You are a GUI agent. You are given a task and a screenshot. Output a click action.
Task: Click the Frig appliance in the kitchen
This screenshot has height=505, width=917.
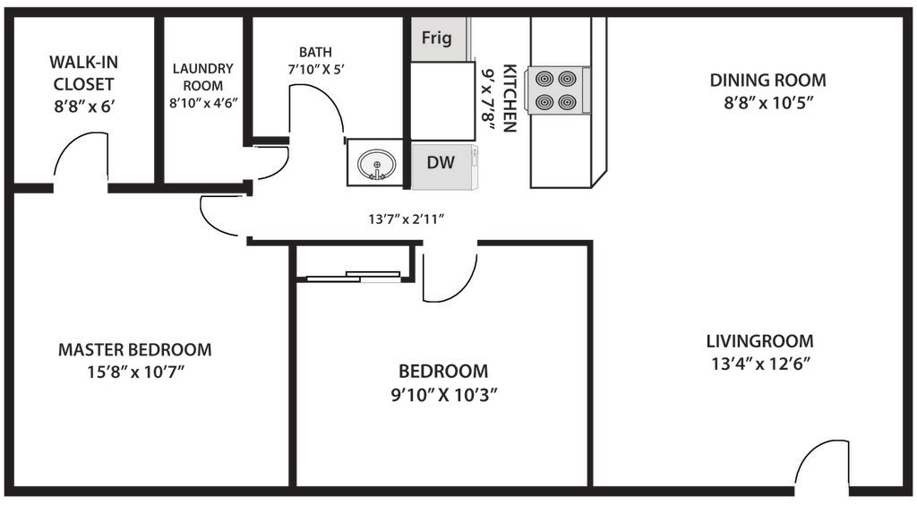(439, 39)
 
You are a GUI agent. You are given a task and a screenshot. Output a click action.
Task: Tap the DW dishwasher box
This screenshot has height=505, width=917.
(443, 166)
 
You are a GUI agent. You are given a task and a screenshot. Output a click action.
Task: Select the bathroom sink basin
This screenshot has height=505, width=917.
(376, 164)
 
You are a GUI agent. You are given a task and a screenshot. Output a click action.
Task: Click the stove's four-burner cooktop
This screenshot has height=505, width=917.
(557, 90)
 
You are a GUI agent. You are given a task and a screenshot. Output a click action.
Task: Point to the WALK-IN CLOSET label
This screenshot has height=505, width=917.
(83, 73)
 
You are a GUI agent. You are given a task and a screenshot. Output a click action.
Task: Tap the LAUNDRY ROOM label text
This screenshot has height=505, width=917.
(203, 77)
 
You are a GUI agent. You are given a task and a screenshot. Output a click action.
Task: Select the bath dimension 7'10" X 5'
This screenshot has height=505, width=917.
(316, 69)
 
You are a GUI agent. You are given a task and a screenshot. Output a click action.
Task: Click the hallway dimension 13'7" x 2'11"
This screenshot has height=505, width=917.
(407, 219)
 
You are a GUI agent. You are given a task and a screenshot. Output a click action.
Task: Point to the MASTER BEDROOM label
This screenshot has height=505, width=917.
(134, 349)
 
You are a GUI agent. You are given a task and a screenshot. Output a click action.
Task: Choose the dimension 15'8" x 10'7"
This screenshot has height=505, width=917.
(136, 372)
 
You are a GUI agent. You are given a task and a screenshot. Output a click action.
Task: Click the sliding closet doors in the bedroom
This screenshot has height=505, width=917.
(354, 276)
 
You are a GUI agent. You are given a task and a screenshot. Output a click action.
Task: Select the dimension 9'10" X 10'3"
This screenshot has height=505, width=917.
(444, 395)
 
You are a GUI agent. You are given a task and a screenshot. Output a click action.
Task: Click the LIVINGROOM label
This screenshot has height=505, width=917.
(759, 341)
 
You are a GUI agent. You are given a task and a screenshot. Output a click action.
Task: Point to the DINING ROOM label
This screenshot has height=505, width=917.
(767, 80)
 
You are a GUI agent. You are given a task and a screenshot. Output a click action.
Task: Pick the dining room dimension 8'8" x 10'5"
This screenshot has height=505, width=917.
(768, 104)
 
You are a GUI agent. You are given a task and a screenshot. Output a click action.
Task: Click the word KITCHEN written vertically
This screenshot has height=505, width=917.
(510, 98)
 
